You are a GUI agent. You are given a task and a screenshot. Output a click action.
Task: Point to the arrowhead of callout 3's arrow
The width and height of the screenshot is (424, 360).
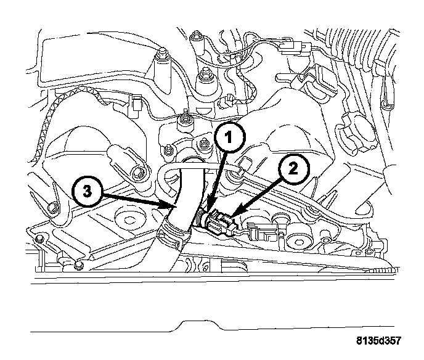pyautogui.click(x=173, y=205)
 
